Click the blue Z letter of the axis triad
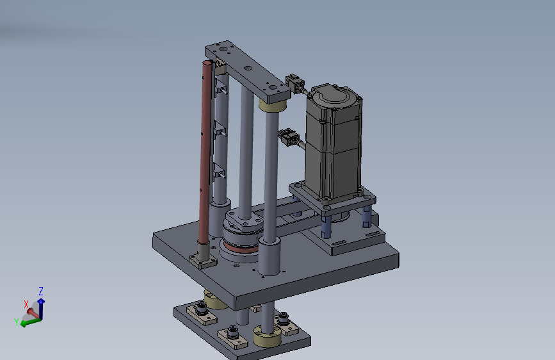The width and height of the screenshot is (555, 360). click(x=41, y=291)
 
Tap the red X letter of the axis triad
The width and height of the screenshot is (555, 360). click(x=26, y=304)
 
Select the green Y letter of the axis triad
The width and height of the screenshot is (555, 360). click(x=17, y=322)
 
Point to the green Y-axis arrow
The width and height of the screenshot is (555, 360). click(x=31, y=322)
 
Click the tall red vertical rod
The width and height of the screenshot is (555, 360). click(x=205, y=152)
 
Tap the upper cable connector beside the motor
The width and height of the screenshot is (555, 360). click(x=295, y=84)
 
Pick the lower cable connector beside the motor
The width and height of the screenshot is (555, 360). click(x=289, y=138)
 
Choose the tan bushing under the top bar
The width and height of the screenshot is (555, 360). click(x=272, y=105)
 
